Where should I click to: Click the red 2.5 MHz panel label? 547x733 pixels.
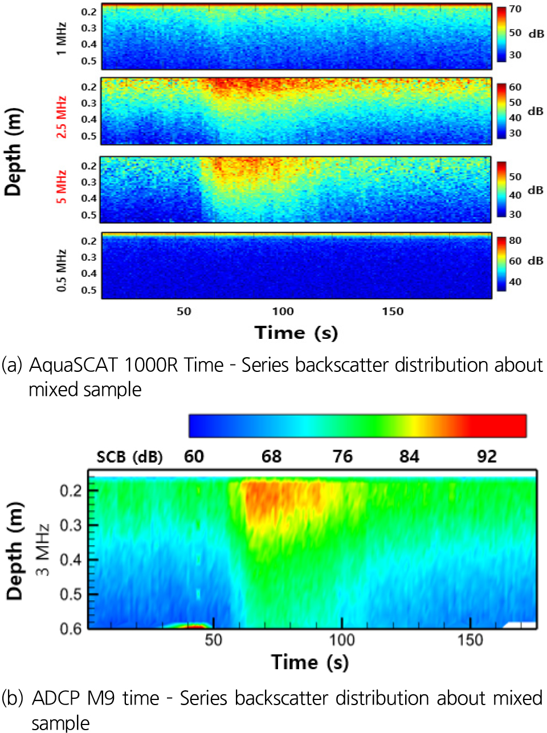point(62,117)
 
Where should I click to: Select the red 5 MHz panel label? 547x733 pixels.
point(62,186)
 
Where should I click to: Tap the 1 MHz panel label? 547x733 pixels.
point(62,39)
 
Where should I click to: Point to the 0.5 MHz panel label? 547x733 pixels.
point(62,270)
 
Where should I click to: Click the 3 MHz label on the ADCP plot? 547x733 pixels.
point(43,550)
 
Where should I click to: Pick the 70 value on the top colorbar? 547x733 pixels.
point(515,9)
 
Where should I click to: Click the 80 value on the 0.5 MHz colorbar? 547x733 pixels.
point(515,240)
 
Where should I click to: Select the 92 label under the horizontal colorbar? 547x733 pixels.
point(487,457)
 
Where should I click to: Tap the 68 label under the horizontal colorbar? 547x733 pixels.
point(271,457)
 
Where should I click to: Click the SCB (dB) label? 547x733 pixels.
point(129,457)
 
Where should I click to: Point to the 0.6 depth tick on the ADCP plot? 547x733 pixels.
point(71,628)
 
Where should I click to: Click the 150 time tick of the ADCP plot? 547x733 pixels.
point(470,640)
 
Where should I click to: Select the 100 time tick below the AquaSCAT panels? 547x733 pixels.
point(283,312)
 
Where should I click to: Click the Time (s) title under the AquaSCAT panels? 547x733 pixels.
point(296,333)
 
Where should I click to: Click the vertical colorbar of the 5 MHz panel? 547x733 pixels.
point(501,190)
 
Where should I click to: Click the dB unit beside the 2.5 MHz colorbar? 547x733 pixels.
point(535,111)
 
